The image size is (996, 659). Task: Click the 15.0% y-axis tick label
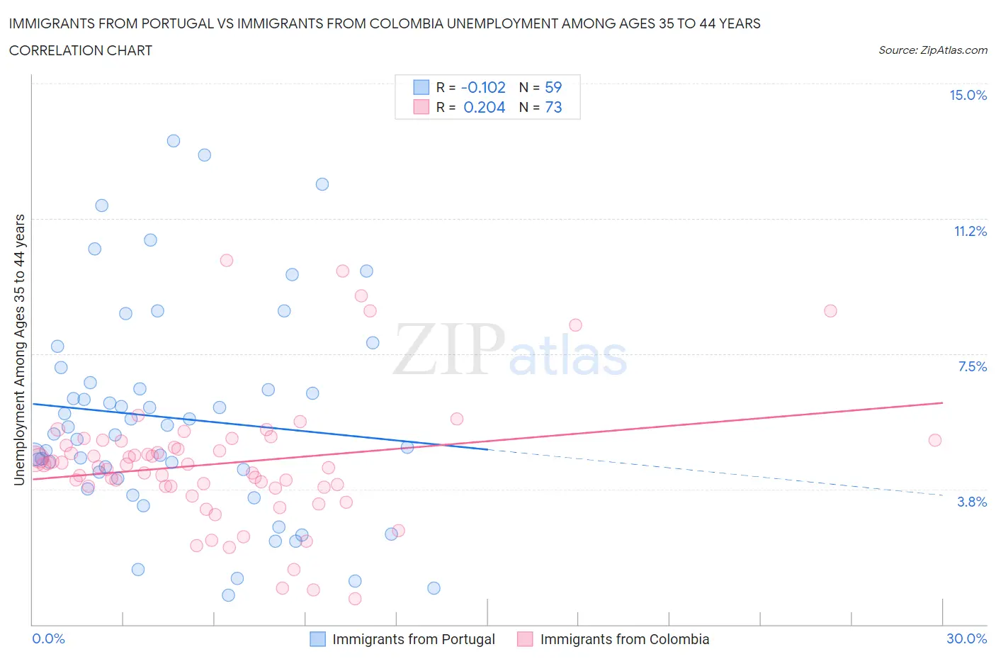[x=968, y=95]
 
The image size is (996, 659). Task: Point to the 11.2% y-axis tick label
[x=970, y=231]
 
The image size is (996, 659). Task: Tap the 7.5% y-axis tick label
[x=972, y=366]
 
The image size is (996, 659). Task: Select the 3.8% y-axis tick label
[x=972, y=502]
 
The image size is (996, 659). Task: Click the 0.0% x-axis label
[x=48, y=638]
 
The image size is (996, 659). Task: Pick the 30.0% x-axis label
[x=966, y=638]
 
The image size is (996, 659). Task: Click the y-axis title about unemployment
[x=19, y=349]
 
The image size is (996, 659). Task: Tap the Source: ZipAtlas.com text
[x=932, y=50]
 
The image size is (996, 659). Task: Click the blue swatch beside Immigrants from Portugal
[x=318, y=639]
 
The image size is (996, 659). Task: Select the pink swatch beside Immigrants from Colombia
[x=525, y=639]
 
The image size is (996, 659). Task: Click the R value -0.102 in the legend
[x=483, y=87]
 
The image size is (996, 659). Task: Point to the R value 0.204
[x=484, y=107]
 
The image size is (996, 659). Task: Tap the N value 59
[x=553, y=87]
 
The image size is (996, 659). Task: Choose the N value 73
[x=553, y=107]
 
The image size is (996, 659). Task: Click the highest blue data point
[x=174, y=141]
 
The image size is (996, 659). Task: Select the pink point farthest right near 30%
[x=935, y=440]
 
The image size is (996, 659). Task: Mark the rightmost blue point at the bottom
[x=434, y=588]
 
